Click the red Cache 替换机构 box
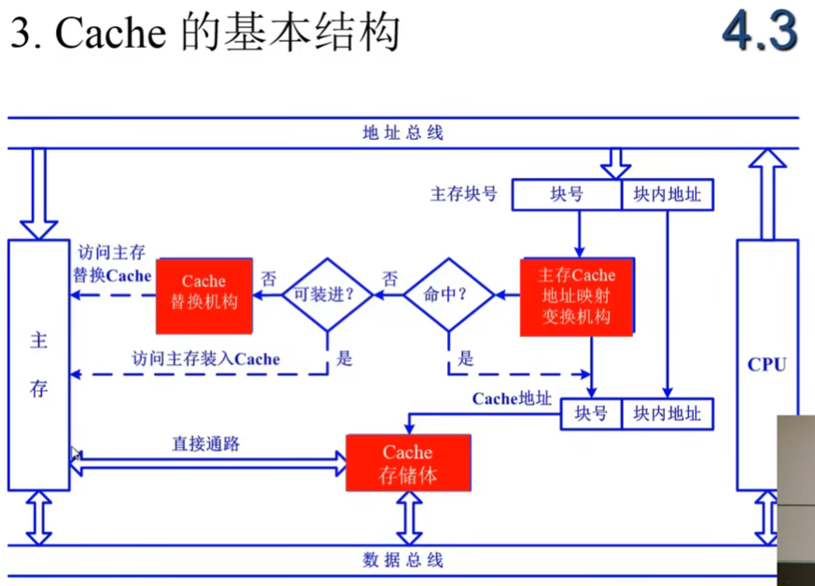[204, 296]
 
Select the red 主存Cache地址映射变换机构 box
[577, 296]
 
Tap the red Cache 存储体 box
[408, 463]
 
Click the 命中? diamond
[446, 295]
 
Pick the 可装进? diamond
[327, 295]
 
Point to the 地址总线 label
[403, 133]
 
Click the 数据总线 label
[403, 560]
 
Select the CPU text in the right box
[766, 365]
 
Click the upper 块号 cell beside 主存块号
[567, 195]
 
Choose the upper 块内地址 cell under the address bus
[667, 195]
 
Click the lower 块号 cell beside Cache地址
[591, 413]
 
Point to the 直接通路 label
[205, 444]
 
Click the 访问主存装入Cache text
[206, 358]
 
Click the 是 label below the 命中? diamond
[466, 357]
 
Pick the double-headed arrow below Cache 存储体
[408, 518]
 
